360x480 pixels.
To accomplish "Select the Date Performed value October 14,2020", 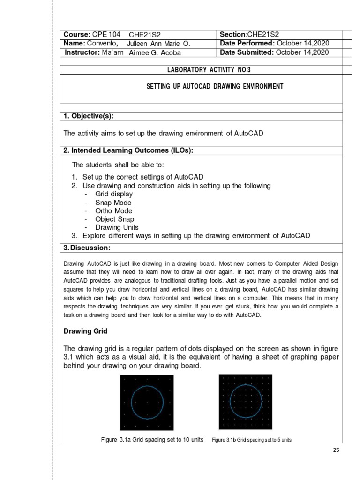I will [x=303, y=43].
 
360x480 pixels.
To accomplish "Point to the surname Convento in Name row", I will [x=105, y=43].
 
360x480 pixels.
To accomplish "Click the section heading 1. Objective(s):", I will [x=89, y=116].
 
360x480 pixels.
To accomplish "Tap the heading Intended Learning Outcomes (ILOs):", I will [x=128, y=150].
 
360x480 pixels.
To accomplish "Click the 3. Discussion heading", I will [x=87, y=247].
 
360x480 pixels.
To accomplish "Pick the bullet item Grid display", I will [x=114, y=194].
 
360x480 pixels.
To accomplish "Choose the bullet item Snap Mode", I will [x=113, y=202].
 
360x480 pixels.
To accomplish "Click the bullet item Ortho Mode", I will [x=113, y=210].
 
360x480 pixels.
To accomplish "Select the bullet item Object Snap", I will [x=114, y=219].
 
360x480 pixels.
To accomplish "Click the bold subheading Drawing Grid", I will [x=85, y=331].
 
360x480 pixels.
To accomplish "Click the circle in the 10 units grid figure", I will [x=147, y=402].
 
